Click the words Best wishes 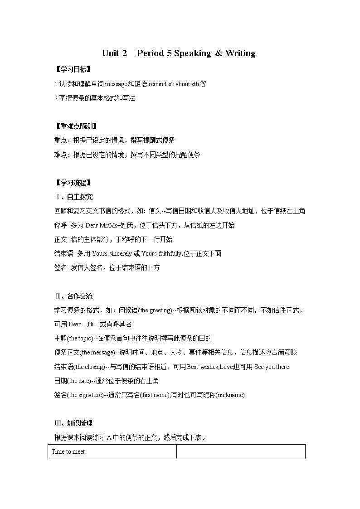203,367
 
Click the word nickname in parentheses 229,395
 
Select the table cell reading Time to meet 68,452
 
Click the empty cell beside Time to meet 240,452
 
